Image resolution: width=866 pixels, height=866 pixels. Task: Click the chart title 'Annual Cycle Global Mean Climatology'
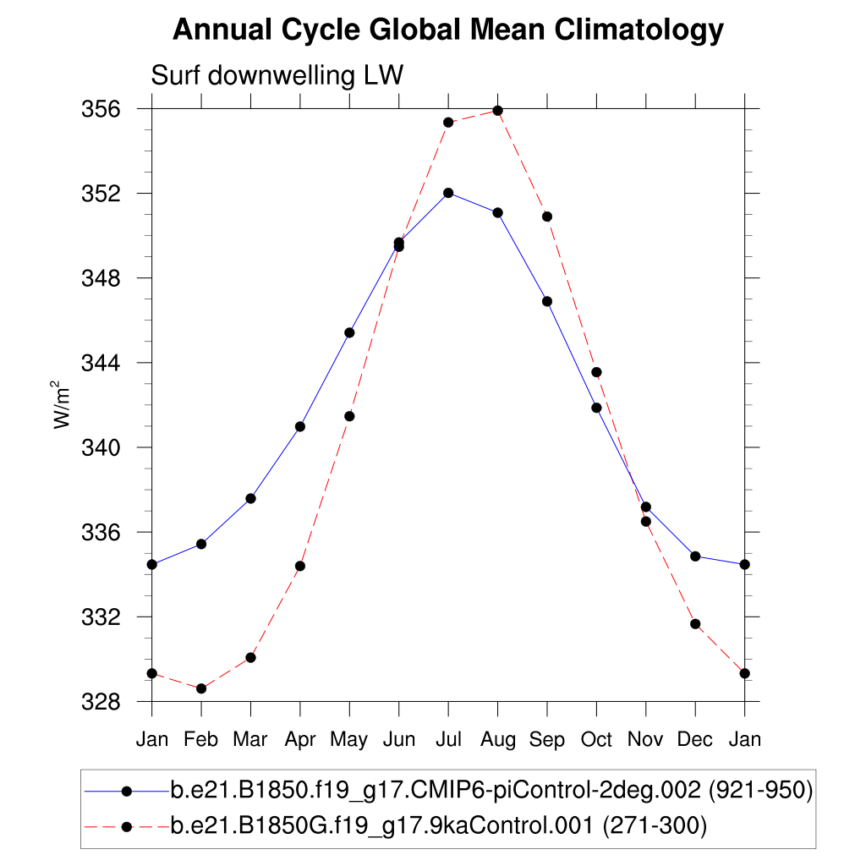point(448,30)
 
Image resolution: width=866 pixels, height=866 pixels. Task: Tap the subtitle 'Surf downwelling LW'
point(277,75)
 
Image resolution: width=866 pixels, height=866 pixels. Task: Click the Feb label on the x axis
point(201,740)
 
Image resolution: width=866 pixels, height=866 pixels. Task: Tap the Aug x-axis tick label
point(497,740)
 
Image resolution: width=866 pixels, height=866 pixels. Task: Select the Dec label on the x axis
point(695,740)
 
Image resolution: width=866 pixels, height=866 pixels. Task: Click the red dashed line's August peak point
point(497,111)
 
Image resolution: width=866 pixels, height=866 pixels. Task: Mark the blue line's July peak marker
point(448,193)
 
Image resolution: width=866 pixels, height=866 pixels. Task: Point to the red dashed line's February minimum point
point(201,688)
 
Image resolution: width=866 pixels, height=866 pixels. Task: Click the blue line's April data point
point(300,426)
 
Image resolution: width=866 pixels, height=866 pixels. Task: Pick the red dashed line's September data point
point(547,216)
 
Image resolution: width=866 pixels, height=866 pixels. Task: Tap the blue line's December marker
point(695,556)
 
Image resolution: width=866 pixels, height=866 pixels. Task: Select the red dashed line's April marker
point(300,566)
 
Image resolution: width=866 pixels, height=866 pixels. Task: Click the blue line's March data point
point(250,498)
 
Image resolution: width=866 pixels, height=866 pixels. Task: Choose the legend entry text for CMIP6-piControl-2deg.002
point(491,791)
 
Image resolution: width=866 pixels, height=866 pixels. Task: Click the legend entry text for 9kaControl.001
point(438,825)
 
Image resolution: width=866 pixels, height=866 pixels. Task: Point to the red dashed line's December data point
point(695,624)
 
